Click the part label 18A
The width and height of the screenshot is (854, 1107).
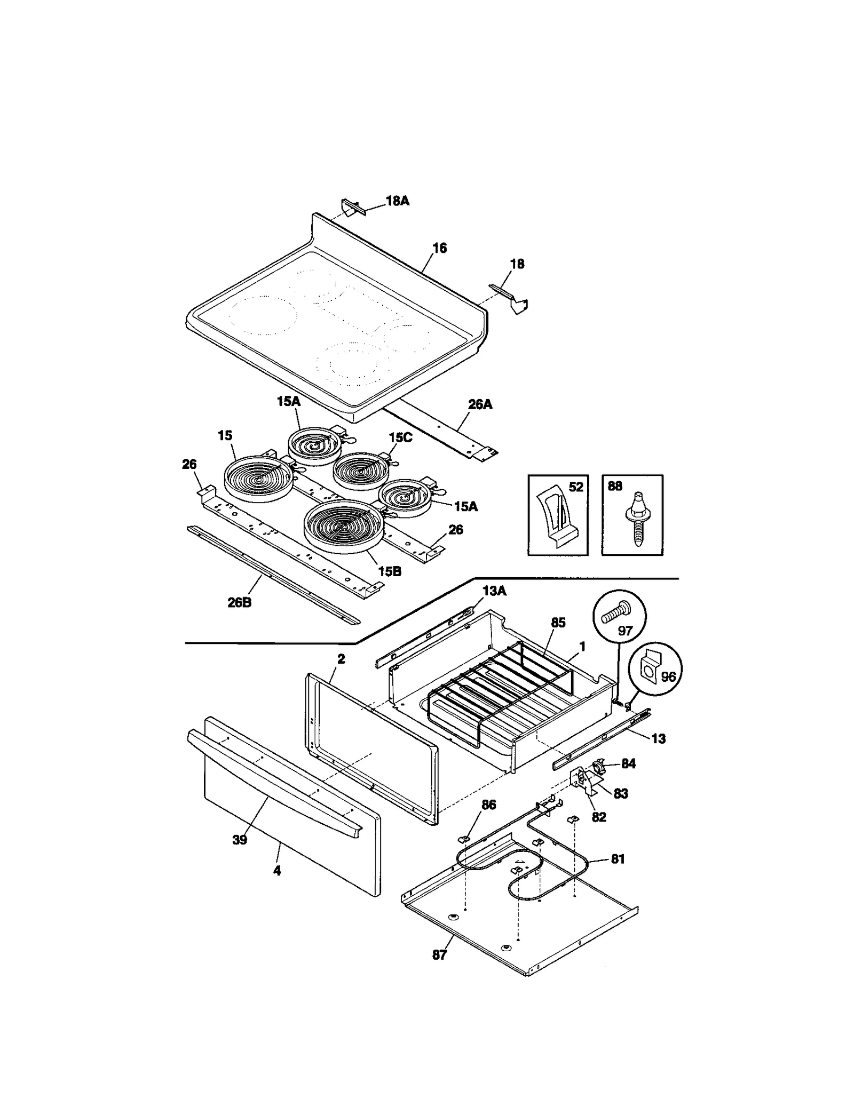coord(397,201)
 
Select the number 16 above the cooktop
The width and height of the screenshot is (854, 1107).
coord(439,248)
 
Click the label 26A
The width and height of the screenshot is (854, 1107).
coord(480,404)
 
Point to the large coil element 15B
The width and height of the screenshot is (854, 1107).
coord(342,525)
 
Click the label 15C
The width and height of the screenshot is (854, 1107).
coord(400,437)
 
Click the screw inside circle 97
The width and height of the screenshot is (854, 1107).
coord(616,614)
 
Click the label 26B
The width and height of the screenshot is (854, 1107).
coord(240,603)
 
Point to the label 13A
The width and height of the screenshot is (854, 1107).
coord(494,591)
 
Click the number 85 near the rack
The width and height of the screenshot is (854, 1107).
coord(558,623)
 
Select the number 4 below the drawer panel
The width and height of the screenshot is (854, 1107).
coord(276,871)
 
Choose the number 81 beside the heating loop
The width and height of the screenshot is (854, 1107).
coord(617,859)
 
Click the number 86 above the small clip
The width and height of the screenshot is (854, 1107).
coord(488,805)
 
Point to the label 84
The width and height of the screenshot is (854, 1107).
coord(628,763)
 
